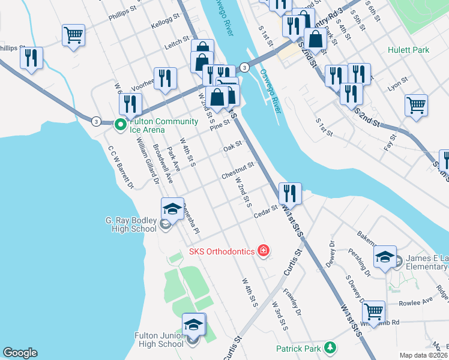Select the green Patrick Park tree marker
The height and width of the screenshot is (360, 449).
point(330,348)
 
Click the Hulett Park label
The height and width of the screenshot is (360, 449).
point(408,50)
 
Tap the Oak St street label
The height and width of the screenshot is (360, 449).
point(232,146)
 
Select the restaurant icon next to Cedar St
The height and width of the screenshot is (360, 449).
point(290,193)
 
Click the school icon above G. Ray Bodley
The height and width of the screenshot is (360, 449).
point(172,208)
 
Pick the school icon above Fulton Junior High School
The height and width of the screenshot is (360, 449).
point(194,324)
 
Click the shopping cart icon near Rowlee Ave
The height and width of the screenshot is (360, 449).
point(373,311)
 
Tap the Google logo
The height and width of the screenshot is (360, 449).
point(20,353)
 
